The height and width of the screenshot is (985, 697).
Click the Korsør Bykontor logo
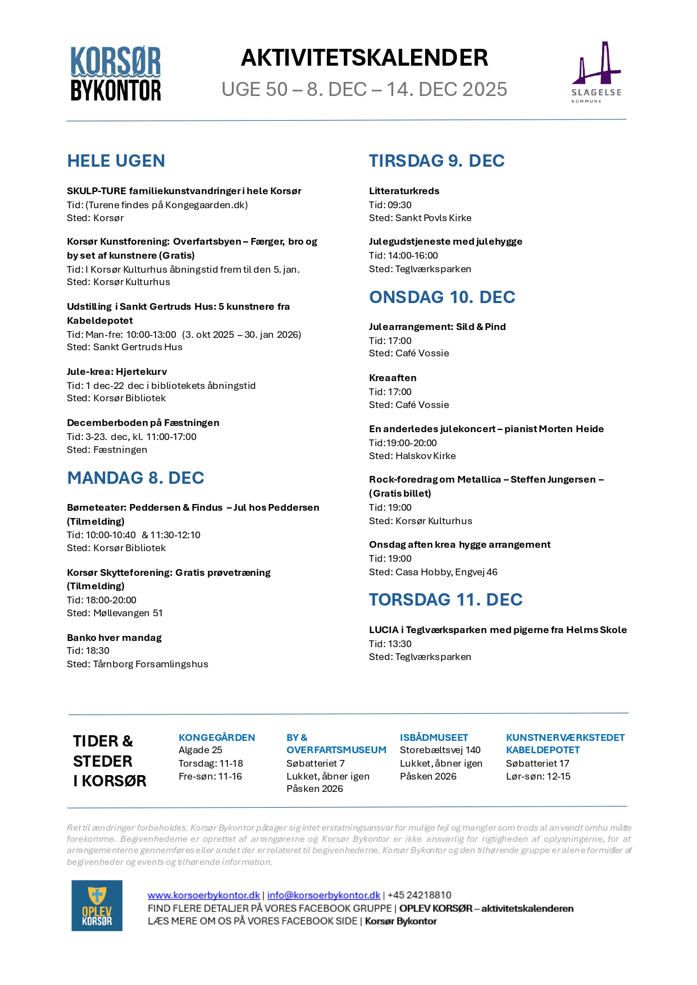tap(116, 74)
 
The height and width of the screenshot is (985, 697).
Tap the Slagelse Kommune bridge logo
tap(596, 71)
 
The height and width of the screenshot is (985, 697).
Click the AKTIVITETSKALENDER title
tap(364, 58)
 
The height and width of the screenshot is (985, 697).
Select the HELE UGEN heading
tap(116, 161)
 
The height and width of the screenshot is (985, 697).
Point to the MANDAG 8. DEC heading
tap(135, 478)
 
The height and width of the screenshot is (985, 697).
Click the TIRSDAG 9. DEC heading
tap(436, 161)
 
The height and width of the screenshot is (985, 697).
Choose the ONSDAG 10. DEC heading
tap(442, 297)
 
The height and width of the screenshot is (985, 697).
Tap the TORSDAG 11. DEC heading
tap(445, 599)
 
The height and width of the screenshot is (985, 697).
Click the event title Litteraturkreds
tap(404, 191)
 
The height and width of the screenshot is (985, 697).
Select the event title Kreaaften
tap(393, 378)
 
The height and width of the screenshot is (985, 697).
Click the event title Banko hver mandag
tap(114, 638)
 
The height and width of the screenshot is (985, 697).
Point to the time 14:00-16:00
tap(413, 255)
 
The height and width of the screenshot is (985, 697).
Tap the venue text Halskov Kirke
tap(425, 456)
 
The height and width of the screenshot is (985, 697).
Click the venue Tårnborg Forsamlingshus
tap(151, 664)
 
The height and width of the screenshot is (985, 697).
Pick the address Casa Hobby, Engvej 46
tap(446, 572)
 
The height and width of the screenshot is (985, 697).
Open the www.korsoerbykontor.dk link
tap(203, 895)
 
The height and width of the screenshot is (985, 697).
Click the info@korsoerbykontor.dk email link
tap(324, 895)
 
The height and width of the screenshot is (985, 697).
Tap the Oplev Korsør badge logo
tap(97, 905)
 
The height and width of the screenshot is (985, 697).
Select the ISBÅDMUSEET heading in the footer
tap(434, 737)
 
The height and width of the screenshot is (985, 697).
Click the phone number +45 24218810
tap(419, 895)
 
